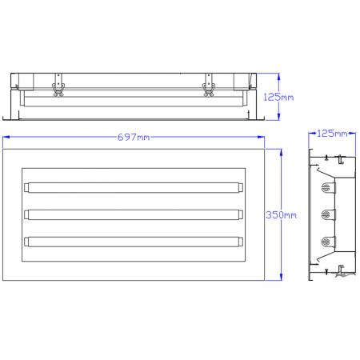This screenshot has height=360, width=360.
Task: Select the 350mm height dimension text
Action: coord(282,214)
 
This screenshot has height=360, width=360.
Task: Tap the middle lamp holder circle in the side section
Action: coord(326,214)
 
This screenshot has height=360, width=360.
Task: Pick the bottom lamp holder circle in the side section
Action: coord(326,241)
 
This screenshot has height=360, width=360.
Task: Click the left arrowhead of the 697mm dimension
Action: coord(5,138)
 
